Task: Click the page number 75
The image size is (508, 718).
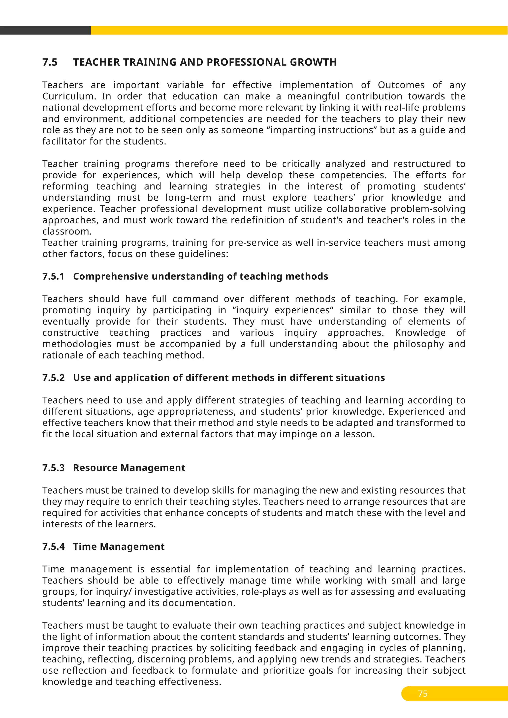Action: click(x=423, y=694)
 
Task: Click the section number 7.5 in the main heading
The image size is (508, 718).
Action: click(x=50, y=62)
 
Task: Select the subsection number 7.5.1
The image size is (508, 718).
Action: click(x=54, y=276)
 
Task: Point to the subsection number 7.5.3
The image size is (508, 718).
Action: click(x=54, y=468)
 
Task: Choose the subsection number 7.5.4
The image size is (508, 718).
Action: click(x=54, y=546)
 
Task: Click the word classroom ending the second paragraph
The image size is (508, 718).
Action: click(x=67, y=231)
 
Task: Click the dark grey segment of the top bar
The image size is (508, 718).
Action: click(x=45, y=30)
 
